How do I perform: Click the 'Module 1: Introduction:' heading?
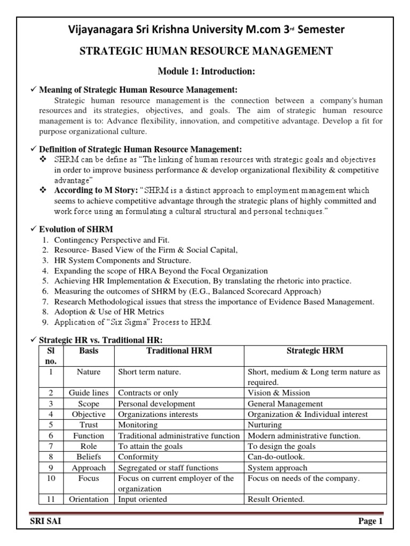pos(205,72)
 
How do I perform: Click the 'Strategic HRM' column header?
pos(315,350)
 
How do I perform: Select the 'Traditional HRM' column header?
pos(179,350)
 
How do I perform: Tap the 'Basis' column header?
pos(89,350)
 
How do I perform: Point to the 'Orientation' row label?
pos(89,500)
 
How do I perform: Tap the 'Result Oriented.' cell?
pos(275,500)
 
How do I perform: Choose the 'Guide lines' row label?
pos(89,393)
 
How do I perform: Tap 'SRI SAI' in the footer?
pos(45,522)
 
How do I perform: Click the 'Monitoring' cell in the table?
pos(138,425)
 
